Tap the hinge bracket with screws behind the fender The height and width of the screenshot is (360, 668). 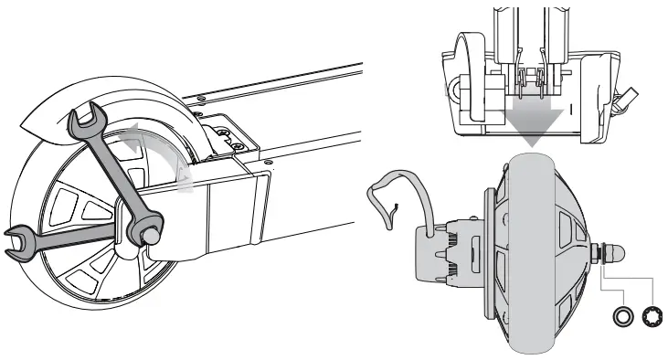224,137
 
